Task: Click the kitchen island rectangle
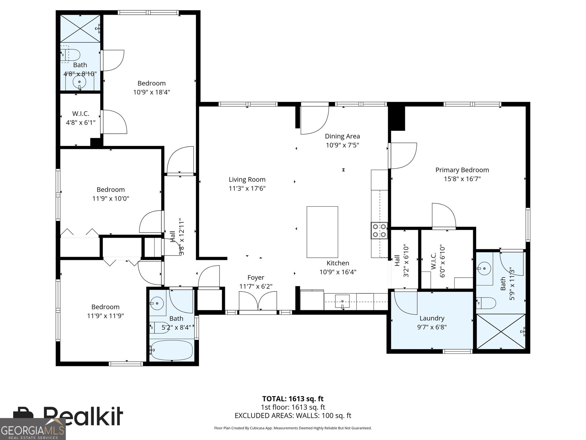(322, 232)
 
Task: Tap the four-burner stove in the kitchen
(379, 231)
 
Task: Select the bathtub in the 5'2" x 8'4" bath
(172, 351)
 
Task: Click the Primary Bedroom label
(462, 170)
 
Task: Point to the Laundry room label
(432, 318)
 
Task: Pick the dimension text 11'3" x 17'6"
(247, 188)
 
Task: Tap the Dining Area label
(342, 136)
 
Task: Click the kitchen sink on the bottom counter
(342, 301)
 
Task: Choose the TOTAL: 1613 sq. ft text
(293, 399)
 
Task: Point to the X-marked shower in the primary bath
(501, 331)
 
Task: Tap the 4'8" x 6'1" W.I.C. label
(81, 114)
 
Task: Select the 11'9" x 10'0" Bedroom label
(111, 190)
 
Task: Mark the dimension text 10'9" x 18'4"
(151, 92)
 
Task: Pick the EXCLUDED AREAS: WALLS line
(293, 415)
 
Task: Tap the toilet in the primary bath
(487, 303)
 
